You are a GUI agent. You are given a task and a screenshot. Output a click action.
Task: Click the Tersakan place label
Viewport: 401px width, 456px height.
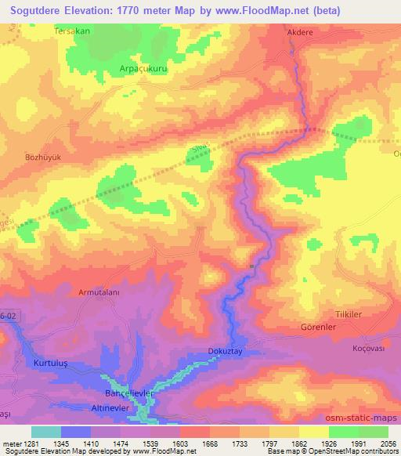click(x=73, y=32)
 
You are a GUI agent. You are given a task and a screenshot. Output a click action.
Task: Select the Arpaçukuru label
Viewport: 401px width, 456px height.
click(x=143, y=68)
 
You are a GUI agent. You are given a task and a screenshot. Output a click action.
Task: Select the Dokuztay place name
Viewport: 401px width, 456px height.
click(x=227, y=352)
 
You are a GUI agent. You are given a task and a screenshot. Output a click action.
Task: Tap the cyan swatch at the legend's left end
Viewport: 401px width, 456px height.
click(x=45, y=432)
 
